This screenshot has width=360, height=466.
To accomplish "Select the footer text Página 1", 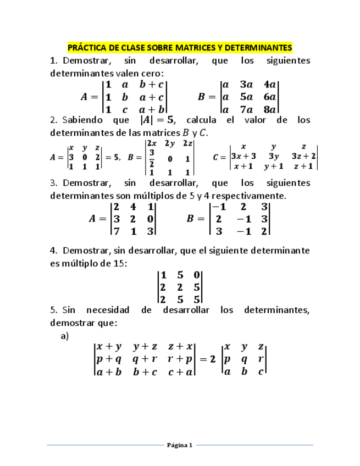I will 180,445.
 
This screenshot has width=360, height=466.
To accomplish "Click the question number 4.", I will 53,251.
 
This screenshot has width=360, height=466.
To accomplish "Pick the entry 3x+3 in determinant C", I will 243,156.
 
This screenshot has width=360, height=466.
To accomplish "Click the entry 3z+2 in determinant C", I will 303,156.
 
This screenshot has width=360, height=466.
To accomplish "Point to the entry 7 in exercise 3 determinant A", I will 116,231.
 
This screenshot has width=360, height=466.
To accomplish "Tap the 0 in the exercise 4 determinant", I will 196,275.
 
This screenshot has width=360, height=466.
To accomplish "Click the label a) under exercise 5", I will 64,336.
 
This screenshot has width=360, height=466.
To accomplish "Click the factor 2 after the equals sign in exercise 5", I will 212,359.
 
